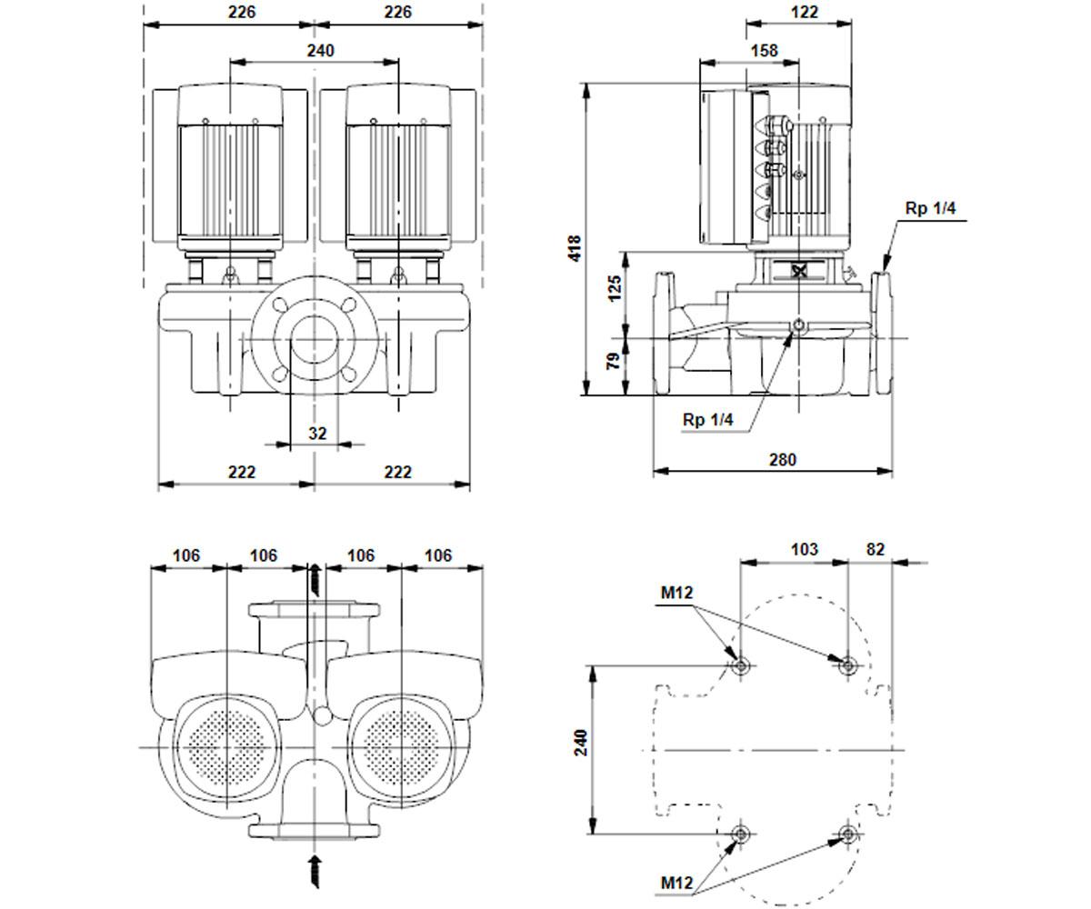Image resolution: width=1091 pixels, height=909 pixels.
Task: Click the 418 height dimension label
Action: (574, 248)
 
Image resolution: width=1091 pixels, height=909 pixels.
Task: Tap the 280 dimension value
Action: (782, 460)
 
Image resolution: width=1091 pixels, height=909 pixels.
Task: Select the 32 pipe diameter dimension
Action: (317, 433)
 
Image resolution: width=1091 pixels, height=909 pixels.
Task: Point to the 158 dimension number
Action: (764, 51)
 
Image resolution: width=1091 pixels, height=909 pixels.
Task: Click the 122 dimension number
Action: (804, 12)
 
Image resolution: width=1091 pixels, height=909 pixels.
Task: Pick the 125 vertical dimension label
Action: (615, 288)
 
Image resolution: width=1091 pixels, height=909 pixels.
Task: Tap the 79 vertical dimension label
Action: (614, 361)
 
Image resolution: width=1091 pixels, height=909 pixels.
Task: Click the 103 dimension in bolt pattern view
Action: (804, 549)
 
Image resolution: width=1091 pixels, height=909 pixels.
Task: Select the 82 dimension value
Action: (876, 549)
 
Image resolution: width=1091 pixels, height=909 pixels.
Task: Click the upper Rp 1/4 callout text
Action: (930, 208)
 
